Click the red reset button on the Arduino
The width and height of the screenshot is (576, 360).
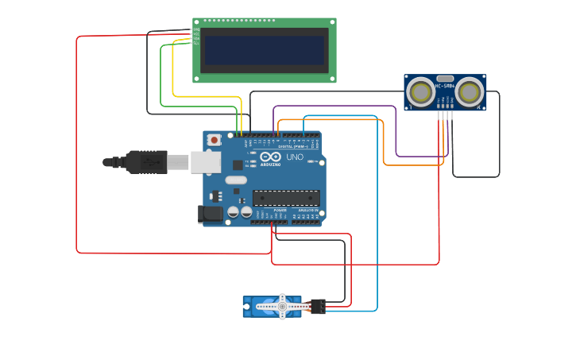214,140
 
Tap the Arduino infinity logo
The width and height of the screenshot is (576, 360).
270,157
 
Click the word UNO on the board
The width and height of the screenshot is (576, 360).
295,157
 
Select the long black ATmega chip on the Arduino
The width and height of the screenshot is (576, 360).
286,198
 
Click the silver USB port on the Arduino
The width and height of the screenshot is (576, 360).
205,162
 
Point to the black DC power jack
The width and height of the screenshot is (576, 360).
209,213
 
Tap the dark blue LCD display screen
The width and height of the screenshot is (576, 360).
265,50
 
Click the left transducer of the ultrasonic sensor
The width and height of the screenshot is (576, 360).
421,93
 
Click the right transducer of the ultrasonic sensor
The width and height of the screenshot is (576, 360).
470,93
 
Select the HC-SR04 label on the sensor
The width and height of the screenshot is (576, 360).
445,86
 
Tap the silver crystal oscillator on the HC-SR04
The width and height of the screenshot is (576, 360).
445,79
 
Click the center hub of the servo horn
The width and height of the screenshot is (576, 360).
282,306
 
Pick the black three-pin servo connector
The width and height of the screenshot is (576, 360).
318,306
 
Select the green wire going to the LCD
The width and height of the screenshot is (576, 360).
161,79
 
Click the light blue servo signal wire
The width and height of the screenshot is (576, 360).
377,215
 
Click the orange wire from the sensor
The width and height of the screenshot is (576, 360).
384,143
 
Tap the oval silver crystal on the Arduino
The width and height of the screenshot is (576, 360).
236,180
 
